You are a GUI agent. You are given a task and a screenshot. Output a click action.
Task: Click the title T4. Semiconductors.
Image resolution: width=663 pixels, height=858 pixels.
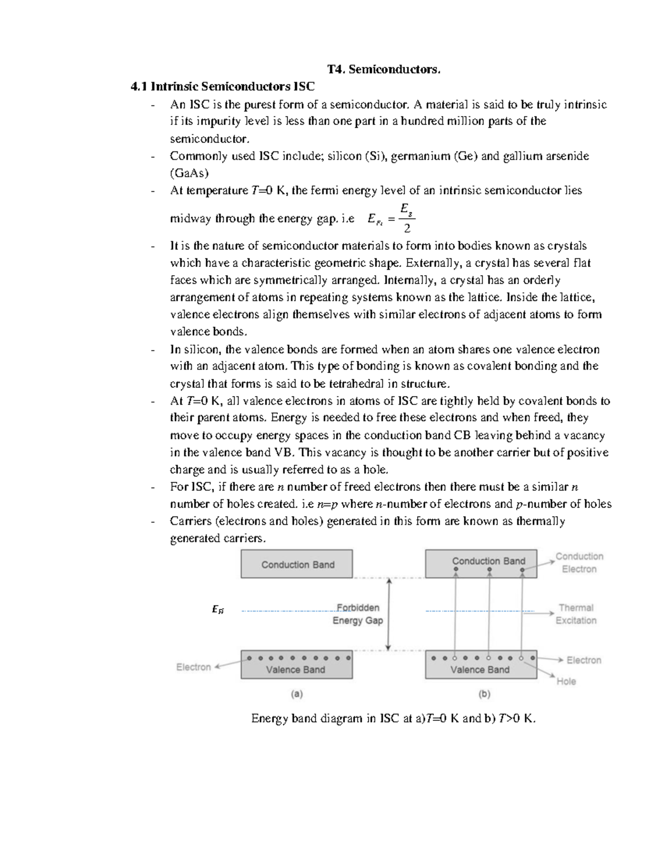click(384, 69)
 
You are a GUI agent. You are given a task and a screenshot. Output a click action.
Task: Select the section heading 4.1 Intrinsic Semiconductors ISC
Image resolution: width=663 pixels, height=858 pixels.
click(222, 87)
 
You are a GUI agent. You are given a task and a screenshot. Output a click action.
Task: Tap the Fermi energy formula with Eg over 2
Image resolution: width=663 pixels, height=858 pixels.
click(391, 219)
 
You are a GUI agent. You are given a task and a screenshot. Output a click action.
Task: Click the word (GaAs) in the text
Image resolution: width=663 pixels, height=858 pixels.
click(189, 173)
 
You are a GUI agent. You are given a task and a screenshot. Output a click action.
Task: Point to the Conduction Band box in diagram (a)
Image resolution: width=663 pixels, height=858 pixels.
click(297, 564)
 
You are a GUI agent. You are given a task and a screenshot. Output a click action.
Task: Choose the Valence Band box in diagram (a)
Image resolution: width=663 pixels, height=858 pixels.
click(297, 665)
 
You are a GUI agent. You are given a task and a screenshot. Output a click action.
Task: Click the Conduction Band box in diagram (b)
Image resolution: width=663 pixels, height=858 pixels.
click(481, 564)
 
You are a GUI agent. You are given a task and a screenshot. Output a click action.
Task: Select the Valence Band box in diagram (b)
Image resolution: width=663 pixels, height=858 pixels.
click(481, 665)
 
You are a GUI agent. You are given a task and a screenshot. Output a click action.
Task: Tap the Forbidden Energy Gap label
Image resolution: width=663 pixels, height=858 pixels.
click(357, 614)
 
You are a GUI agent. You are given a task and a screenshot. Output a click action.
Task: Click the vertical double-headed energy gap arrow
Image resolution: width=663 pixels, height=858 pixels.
click(389, 614)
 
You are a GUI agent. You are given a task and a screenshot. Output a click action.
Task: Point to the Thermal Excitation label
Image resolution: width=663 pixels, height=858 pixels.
click(576, 614)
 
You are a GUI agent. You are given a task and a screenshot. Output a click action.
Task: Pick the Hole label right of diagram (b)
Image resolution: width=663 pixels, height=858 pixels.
click(566, 681)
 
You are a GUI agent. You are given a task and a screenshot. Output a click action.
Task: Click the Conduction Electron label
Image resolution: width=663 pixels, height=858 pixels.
click(579, 562)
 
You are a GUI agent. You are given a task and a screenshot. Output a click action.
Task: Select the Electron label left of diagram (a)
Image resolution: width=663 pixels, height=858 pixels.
click(193, 667)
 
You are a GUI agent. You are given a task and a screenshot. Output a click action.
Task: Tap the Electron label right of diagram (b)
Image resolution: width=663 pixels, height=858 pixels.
click(583, 660)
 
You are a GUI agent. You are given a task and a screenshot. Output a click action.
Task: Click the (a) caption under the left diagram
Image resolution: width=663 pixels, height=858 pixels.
click(297, 693)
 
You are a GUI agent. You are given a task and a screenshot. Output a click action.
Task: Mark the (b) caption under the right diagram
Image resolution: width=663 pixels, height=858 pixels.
click(484, 693)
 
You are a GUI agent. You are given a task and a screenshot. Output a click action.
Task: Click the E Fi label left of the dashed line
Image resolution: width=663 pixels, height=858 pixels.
click(218, 610)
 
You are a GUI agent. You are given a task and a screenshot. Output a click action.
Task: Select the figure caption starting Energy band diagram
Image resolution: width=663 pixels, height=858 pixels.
click(393, 718)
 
